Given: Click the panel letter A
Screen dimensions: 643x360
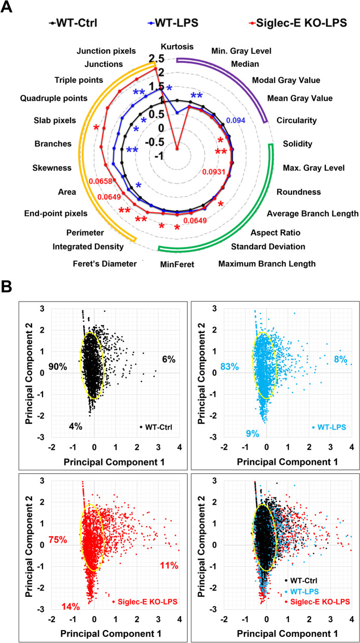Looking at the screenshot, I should [9, 8].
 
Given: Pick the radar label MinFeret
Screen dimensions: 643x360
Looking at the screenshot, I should [176, 264].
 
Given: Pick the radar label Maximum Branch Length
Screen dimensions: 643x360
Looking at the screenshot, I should [267, 264].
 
